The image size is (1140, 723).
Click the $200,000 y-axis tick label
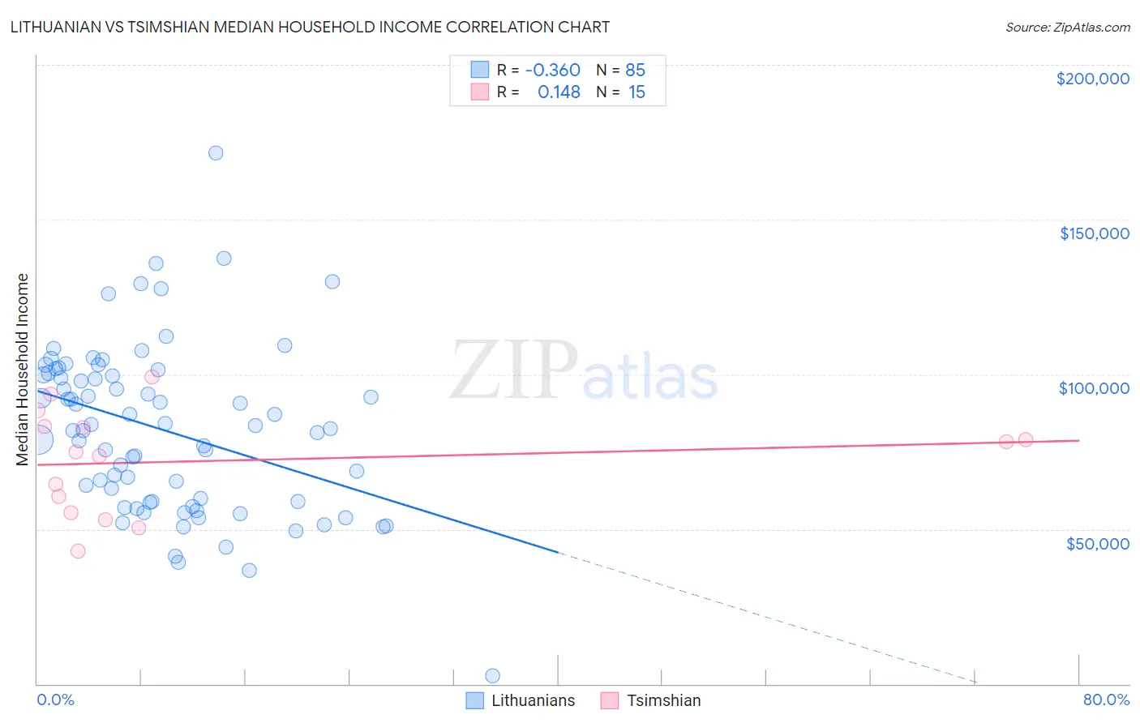click(x=1092, y=79)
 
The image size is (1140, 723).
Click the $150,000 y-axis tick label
click(x=1094, y=233)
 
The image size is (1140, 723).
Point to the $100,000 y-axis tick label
click(x=1094, y=388)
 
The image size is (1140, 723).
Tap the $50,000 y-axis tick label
click(x=1097, y=543)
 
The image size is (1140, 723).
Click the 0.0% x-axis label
click(x=55, y=699)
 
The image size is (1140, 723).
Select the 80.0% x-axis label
click(x=1106, y=699)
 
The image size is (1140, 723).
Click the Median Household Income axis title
click(x=22, y=370)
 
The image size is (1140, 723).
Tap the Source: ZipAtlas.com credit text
click(x=1067, y=27)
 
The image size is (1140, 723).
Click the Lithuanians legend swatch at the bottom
click(x=474, y=700)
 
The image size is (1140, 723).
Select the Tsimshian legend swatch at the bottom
click(x=610, y=700)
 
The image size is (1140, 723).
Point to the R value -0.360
click(x=552, y=70)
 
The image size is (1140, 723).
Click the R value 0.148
click(x=559, y=92)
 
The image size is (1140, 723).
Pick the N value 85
click(x=635, y=70)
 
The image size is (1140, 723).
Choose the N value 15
click(x=636, y=92)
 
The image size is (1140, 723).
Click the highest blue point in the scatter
click(x=216, y=153)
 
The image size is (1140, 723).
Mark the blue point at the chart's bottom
click(x=492, y=676)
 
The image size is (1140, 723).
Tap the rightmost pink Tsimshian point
click(x=1025, y=439)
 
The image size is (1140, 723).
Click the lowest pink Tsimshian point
click(x=78, y=551)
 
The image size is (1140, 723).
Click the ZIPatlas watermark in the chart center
click(x=584, y=371)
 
